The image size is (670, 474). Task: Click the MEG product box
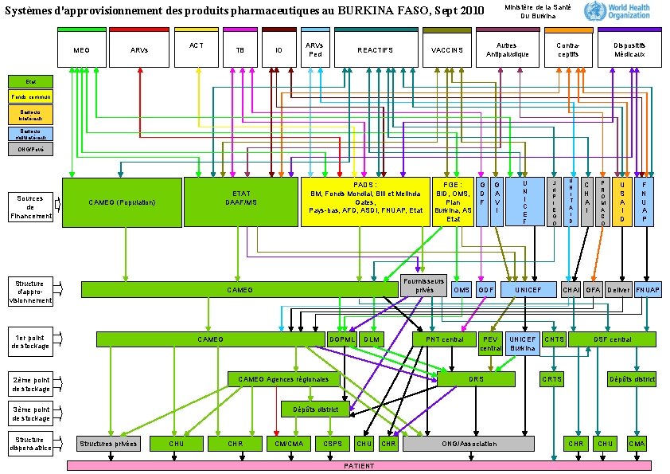pyautogui.click(x=81, y=49)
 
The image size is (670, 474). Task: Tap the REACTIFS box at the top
pyautogui.click(x=376, y=49)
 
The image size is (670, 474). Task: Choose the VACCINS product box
pyautogui.click(x=446, y=49)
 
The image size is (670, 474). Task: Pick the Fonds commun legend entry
pyautogui.click(x=30, y=96)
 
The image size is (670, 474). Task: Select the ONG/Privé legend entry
pyautogui.click(x=30, y=148)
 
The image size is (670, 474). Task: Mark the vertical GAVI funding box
pyautogui.click(x=497, y=202)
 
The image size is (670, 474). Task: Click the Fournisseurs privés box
pyautogui.click(x=423, y=285)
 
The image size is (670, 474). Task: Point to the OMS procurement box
pyautogui.click(x=462, y=290)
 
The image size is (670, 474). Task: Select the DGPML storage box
pyautogui.click(x=341, y=339)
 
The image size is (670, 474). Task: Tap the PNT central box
pyautogui.click(x=444, y=339)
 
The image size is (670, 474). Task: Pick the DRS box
pyautogui.click(x=476, y=379)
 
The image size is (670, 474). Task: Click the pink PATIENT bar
pyautogui.click(x=359, y=465)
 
